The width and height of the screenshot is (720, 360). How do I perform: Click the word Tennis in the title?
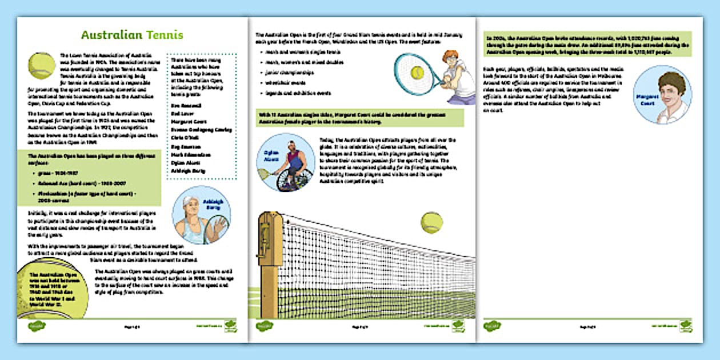pyautogui.click(x=165, y=35)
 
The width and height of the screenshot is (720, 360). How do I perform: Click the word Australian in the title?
pyautogui.click(x=111, y=35)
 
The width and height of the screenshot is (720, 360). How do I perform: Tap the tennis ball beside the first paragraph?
pyautogui.click(x=42, y=66)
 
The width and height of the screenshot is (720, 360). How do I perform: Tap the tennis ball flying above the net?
pyautogui.click(x=431, y=223)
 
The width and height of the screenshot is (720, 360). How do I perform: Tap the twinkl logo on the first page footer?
pyautogui.click(x=37, y=326)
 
